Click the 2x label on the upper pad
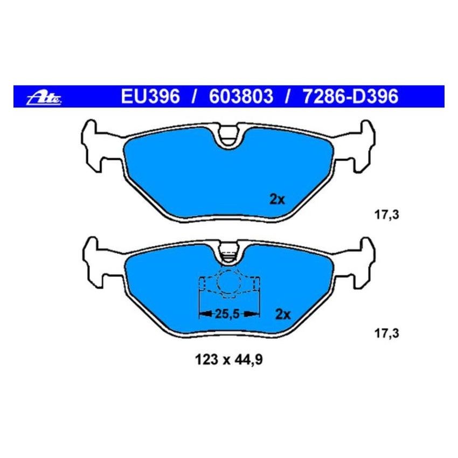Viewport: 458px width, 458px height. point(276,199)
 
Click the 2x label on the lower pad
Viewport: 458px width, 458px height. point(283,314)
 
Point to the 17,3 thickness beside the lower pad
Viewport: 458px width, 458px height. point(386,334)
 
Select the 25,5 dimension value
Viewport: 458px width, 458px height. point(227,313)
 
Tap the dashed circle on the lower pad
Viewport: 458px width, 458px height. point(229,282)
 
